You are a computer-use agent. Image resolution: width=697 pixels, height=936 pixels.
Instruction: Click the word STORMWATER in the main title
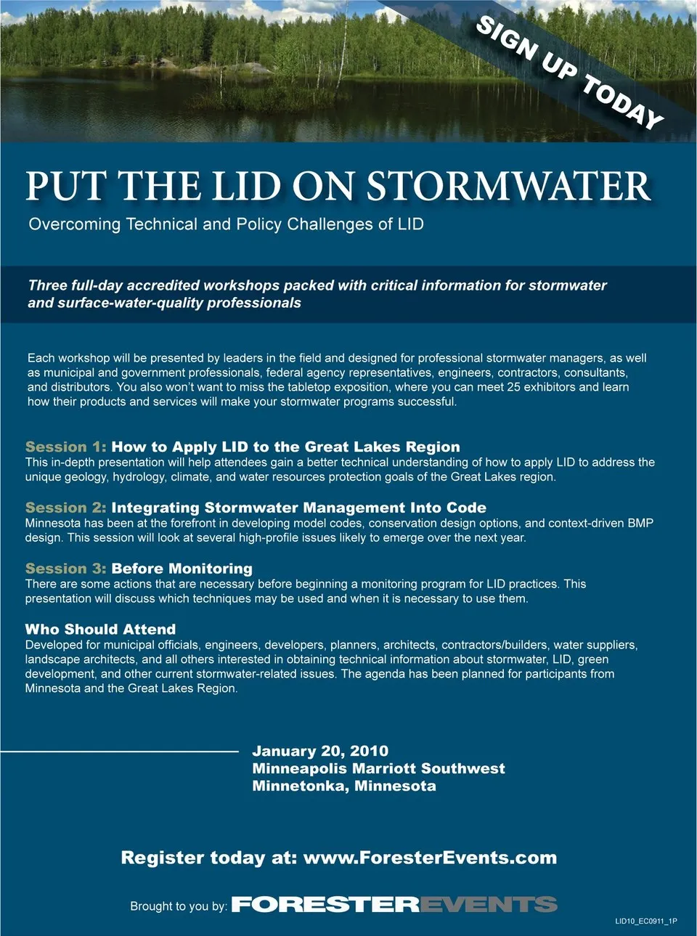pyautogui.click(x=508, y=187)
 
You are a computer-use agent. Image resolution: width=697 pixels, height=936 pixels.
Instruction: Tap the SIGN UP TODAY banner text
pyautogui.click(x=570, y=72)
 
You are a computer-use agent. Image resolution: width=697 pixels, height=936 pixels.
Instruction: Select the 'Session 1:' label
pyautogui.click(x=65, y=447)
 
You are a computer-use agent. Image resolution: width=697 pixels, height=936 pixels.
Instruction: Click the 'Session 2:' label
pyautogui.click(x=65, y=508)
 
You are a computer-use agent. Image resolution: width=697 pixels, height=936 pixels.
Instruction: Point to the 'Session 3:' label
pyautogui.click(x=65, y=569)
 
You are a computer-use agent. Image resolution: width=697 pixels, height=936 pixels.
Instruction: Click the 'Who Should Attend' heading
pyautogui.click(x=100, y=630)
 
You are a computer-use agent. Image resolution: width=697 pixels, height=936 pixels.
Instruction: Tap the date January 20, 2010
pyautogui.click(x=320, y=751)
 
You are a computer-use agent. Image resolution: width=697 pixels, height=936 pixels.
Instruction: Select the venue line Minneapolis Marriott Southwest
pyautogui.click(x=378, y=768)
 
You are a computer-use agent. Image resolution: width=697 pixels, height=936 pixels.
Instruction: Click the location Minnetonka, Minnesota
pyautogui.click(x=344, y=786)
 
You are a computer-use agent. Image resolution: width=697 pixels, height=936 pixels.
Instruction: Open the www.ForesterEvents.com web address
pyautogui.click(x=430, y=858)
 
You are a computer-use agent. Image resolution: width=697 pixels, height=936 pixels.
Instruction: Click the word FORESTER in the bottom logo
pyautogui.click(x=325, y=905)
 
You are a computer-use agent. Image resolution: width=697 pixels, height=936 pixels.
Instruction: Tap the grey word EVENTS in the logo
pyautogui.click(x=489, y=905)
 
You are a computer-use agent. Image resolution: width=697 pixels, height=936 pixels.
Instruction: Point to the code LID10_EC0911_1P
pyautogui.click(x=646, y=921)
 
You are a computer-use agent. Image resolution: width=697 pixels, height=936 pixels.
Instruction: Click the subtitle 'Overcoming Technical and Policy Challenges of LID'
pyautogui.click(x=226, y=224)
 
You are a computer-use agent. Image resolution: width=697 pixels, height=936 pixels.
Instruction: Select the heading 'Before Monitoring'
pyautogui.click(x=182, y=569)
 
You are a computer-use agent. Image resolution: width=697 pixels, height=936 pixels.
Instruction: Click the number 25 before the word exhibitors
pyautogui.click(x=514, y=387)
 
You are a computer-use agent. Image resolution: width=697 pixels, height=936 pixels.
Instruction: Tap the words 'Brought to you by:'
pyautogui.click(x=179, y=906)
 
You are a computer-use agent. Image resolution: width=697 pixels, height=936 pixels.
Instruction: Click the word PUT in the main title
pyautogui.click(x=66, y=187)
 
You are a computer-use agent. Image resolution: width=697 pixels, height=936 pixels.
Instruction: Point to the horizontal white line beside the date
pyautogui.click(x=120, y=751)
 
